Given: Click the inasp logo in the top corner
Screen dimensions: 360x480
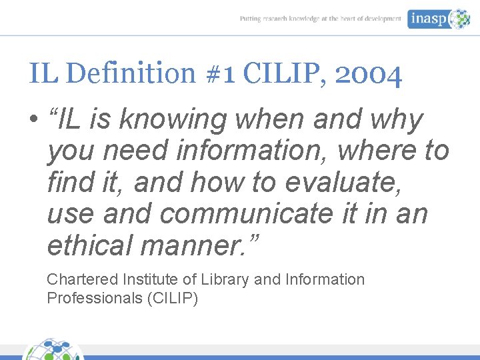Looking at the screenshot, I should [439, 19].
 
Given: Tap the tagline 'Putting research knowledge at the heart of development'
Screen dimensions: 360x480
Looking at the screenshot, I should [321, 19].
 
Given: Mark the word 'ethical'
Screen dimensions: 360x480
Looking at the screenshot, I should [89, 245].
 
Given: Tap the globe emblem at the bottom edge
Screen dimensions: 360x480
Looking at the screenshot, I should [54, 350].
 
